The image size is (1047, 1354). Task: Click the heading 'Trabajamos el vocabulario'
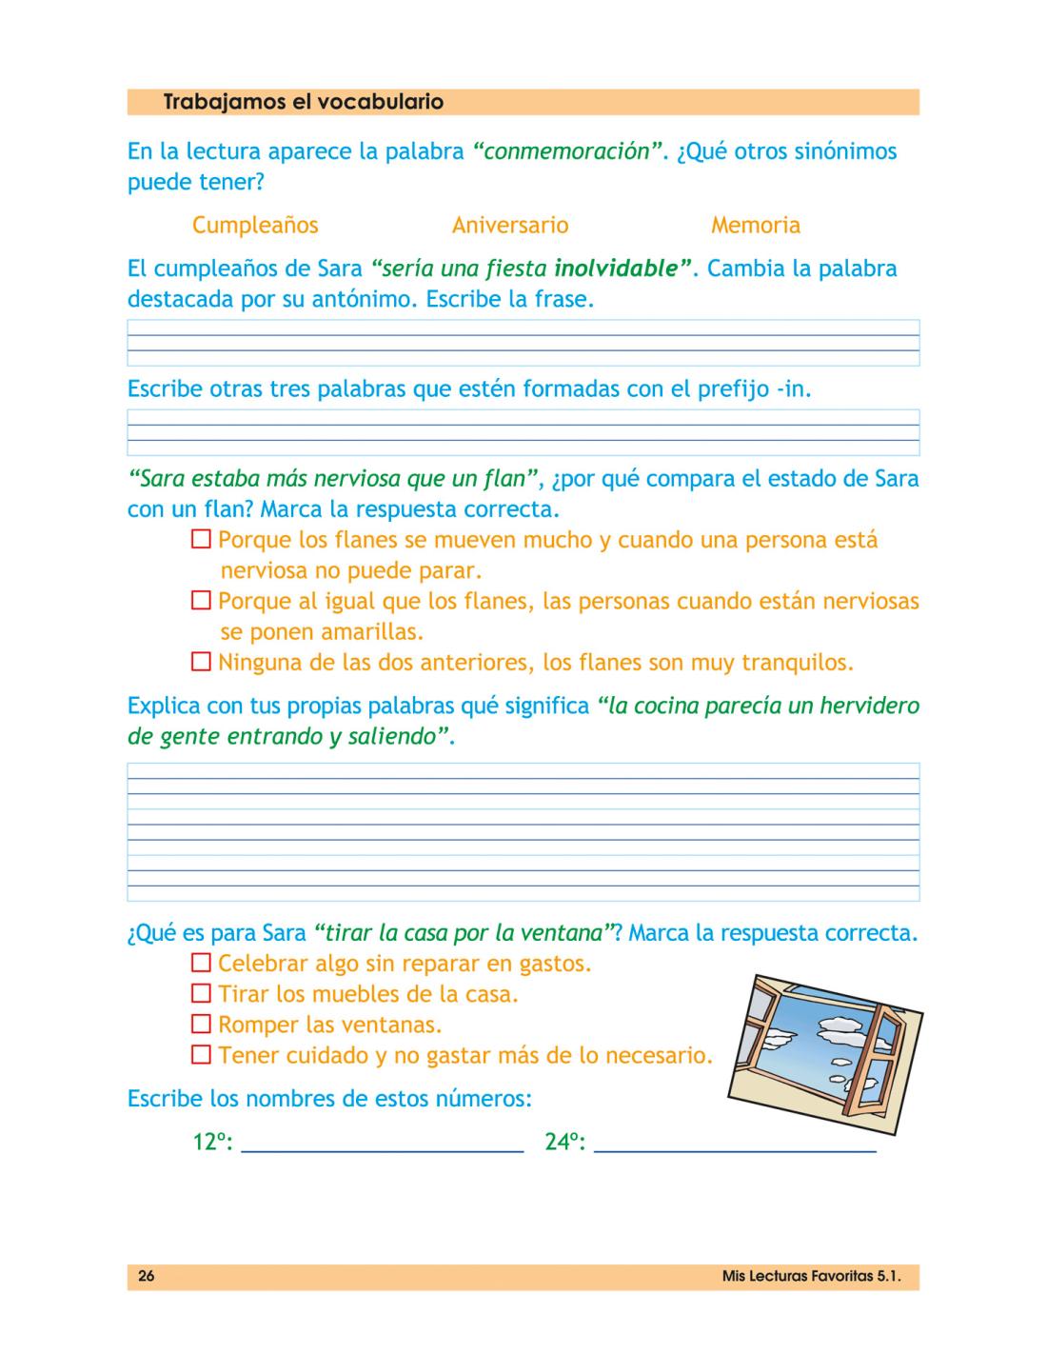click(303, 101)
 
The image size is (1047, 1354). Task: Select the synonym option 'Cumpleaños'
click(255, 226)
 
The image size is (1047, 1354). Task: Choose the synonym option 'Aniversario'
click(510, 226)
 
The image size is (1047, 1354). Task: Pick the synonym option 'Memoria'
click(756, 226)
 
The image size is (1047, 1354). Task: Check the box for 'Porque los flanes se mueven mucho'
click(201, 540)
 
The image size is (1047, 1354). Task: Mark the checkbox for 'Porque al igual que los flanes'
click(201, 601)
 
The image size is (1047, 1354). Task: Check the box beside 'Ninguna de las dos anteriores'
click(201, 662)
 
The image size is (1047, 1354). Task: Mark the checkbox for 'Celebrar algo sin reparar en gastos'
click(201, 963)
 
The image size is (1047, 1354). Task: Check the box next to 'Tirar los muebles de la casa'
click(201, 993)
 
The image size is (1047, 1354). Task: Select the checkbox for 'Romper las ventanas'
click(201, 1025)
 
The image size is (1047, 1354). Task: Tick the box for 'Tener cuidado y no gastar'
click(201, 1055)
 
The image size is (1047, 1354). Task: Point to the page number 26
click(146, 1277)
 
